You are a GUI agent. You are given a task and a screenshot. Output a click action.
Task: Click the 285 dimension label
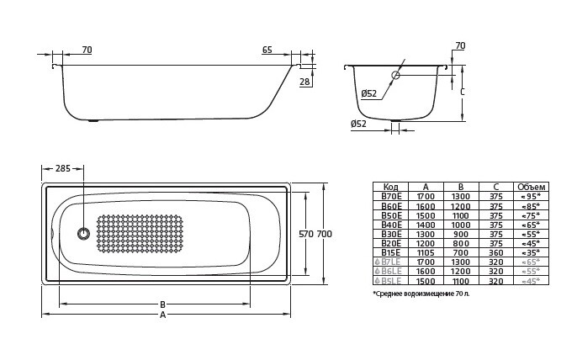(63, 168)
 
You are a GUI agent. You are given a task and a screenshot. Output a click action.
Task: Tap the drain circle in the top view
(82, 234)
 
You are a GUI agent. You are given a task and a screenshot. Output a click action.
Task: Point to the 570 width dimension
(305, 233)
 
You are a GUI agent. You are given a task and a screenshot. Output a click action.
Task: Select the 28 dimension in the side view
(304, 82)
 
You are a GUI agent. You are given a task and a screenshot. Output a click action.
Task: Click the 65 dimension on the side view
(267, 50)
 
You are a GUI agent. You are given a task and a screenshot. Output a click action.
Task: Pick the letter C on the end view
(463, 92)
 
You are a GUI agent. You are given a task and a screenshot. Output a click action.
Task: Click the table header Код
(390, 187)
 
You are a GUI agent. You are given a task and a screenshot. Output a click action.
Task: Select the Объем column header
(531, 187)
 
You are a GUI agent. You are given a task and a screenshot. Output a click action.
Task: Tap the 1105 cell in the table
(426, 252)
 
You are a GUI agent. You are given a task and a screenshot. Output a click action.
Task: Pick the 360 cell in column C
(496, 252)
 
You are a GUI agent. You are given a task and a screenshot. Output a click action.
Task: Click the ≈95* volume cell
(531, 196)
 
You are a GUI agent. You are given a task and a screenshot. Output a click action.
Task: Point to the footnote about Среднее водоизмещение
(421, 294)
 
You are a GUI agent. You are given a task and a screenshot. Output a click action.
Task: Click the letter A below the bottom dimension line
(162, 315)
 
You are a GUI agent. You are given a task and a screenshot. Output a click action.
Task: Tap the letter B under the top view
(162, 304)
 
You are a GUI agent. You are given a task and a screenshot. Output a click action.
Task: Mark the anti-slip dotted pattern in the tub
(140, 234)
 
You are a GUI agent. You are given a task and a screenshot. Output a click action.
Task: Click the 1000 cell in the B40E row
(461, 224)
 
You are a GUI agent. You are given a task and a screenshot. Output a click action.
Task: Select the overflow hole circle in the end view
(395, 75)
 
